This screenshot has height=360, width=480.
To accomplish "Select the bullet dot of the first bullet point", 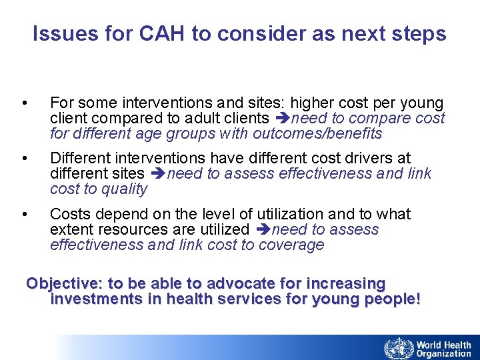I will click(x=25, y=103).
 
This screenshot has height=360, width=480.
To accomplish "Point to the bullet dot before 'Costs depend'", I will click(x=25, y=214).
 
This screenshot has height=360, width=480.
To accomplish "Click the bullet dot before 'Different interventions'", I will click(x=25, y=159).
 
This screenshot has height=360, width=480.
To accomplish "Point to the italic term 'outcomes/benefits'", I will click(x=317, y=134).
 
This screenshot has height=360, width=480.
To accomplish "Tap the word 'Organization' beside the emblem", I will click(x=444, y=354).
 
